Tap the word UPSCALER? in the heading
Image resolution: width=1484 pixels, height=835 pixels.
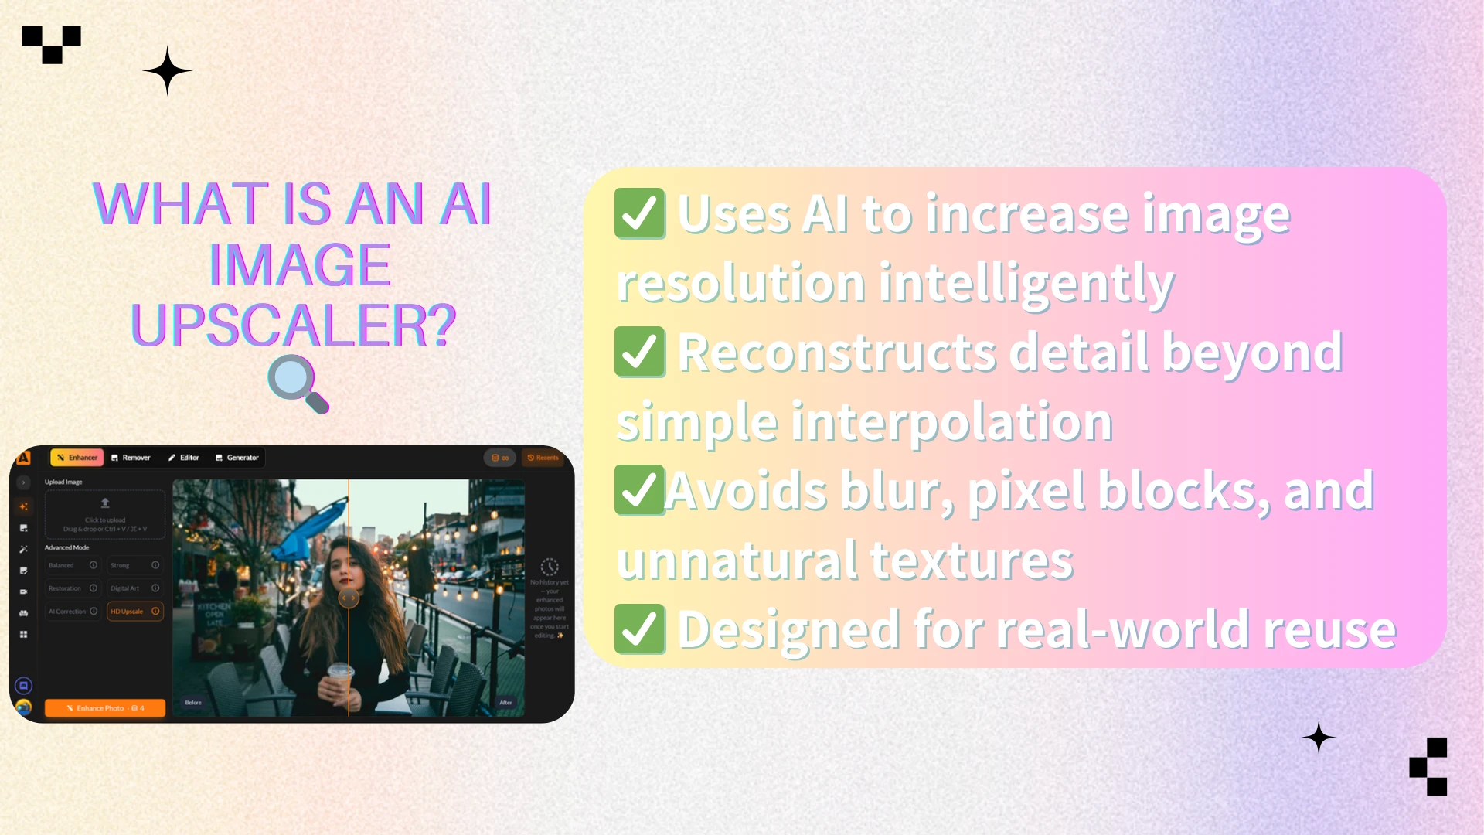tap(294, 325)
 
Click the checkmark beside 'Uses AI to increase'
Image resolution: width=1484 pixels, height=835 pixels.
tap(639, 213)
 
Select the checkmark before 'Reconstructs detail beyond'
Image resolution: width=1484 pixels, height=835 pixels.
tap(639, 352)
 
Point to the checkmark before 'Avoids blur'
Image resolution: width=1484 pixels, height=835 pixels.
tap(639, 490)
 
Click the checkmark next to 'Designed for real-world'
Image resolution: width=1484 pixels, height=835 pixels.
tap(639, 629)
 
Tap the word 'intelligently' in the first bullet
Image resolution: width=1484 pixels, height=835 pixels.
tap(1026, 283)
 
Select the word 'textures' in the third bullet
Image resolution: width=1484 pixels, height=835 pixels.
tap(972, 561)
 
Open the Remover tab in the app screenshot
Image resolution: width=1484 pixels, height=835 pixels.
tap(131, 458)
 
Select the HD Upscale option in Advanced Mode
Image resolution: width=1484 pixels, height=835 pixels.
tap(134, 612)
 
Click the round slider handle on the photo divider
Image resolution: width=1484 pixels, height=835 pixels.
tap(349, 598)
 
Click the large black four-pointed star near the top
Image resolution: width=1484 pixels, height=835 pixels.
tap(167, 70)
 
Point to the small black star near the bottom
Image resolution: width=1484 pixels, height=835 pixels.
tap(1319, 738)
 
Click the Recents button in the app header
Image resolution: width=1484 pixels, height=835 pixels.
tap(543, 458)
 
